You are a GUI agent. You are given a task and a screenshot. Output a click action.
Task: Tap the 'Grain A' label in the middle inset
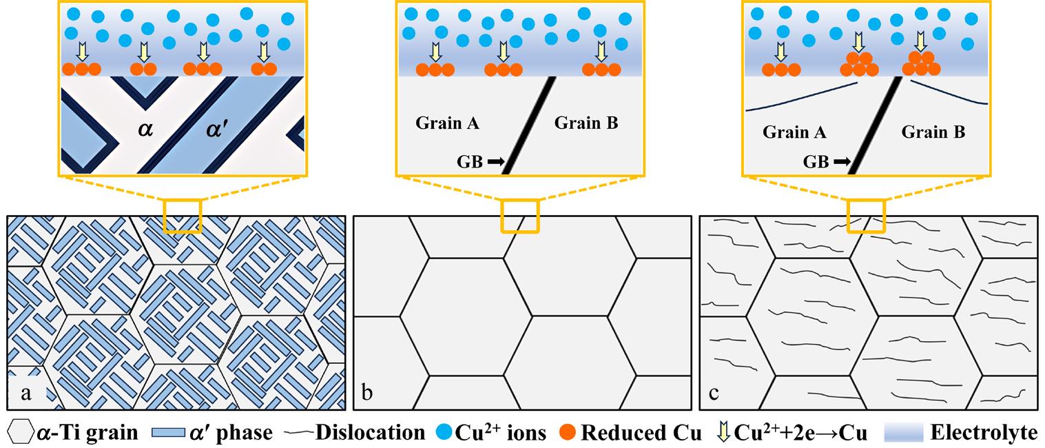tap(448, 124)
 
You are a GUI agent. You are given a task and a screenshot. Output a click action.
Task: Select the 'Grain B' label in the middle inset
tap(586, 124)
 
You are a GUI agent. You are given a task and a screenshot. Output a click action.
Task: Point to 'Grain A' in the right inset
tap(795, 132)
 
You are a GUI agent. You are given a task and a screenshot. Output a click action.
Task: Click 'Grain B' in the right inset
tap(933, 132)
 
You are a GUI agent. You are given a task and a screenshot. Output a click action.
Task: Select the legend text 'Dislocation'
tap(371, 433)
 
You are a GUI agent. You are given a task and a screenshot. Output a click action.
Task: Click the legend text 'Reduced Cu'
tap(641, 433)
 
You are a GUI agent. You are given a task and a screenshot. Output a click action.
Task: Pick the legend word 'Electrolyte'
tap(984, 433)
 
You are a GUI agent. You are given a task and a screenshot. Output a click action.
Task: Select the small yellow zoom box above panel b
tap(519, 216)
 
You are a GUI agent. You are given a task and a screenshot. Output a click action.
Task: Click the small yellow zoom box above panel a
tap(183, 216)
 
